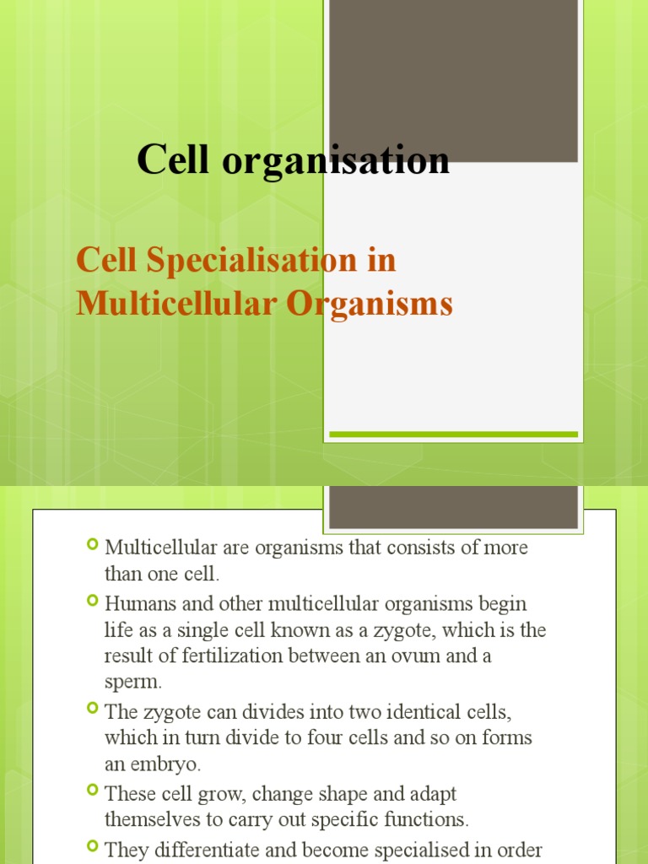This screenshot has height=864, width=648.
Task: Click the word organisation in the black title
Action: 336,160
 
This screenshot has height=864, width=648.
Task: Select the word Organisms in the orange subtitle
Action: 369,303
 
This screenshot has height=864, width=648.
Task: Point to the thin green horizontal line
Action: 453,435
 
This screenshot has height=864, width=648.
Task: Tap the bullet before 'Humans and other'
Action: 93,602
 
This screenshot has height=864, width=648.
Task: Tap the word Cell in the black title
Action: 172,160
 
